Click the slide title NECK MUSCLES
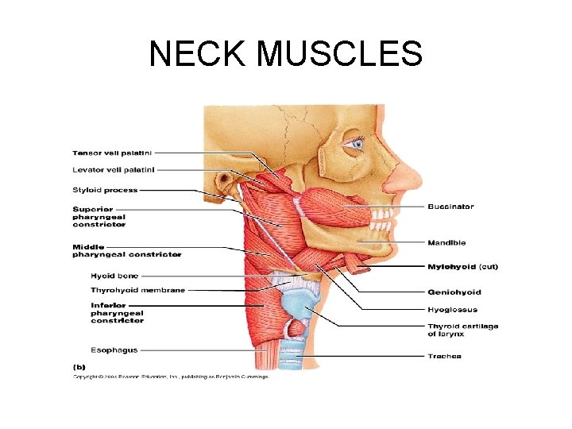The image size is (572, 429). (286, 54)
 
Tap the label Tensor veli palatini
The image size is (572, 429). (114, 153)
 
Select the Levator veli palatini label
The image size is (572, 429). (114, 169)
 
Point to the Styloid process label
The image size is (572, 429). (106, 190)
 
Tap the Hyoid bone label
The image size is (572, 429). (114, 276)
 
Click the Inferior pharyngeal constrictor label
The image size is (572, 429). (118, 312)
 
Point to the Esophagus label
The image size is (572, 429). (114, 350)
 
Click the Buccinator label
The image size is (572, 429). (450, 207)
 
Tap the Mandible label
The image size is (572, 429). (446, 242)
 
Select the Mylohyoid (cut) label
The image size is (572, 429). (463, 266)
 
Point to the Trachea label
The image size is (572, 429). (444, 356)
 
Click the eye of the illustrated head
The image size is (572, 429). (355, 145)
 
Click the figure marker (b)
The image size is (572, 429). (79, 367)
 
